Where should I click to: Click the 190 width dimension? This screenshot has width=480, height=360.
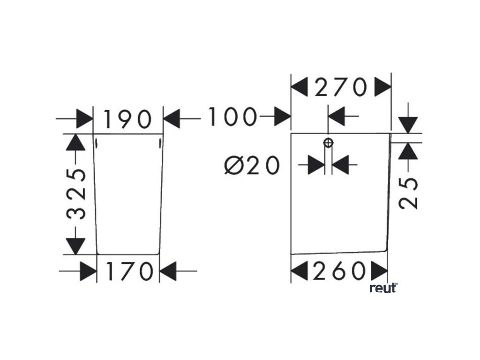tap(128, 119)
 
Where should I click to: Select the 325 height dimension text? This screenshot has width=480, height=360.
tap(76, 194)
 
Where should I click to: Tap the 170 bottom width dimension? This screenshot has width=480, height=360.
tap(128, 271)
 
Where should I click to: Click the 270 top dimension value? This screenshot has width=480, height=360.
tap(340, 87)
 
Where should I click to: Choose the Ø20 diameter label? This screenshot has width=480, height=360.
tap(252, 165)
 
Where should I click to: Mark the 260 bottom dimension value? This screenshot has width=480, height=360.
tap(340, 271)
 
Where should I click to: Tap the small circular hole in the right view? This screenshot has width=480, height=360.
tap(328, 142)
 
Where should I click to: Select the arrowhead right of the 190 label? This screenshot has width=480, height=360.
tap(172, 119)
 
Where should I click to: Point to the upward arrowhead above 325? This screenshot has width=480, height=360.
tap(76, 142)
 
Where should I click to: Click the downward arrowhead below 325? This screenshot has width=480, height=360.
tap(76, 246)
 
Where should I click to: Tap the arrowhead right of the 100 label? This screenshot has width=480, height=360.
tap(283, 116)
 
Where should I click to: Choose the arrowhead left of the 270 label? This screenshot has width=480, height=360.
tap(300, 87)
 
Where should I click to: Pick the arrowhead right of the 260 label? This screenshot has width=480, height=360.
tap(380, 271)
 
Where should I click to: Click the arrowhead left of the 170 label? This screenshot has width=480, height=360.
tap(89, 271)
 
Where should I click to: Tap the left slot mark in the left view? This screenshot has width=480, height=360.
tap(96, 142)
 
